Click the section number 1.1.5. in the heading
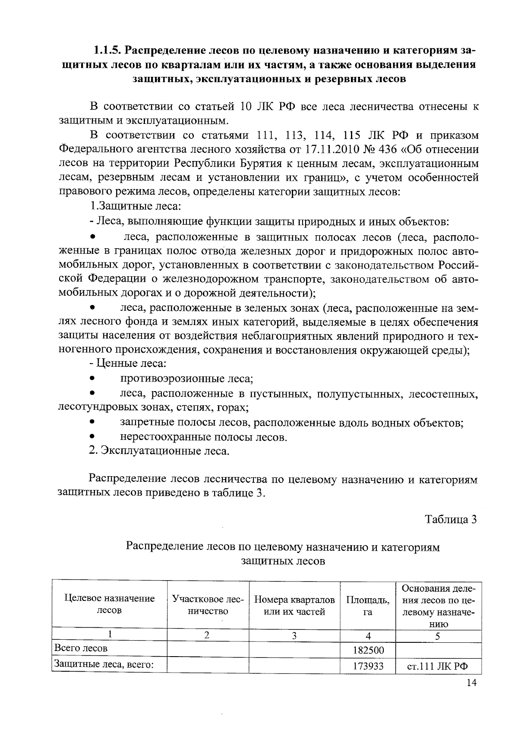(107, 51)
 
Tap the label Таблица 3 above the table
(451, 519)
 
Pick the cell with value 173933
(368, 666)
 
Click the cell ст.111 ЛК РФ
(438, 666)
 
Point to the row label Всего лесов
(80, 648)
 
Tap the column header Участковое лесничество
(208, 604)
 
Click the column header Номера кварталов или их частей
(294, 605)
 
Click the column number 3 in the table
(294, 635)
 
